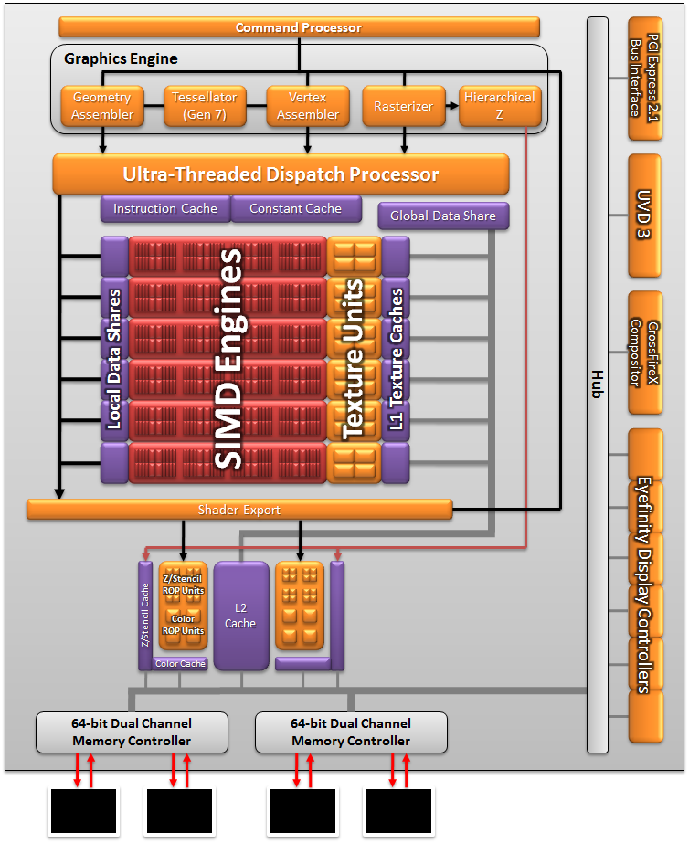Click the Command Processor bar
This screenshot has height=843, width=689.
[x=298, y=27]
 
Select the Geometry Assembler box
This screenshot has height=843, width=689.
[x=102, y=106]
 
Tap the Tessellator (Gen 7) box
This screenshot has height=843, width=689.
[x=205, y=106]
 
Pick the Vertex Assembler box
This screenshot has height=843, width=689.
[x=308, y=106]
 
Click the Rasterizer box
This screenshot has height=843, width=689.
[x=403, y=106]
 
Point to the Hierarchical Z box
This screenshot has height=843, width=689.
[x=500, y=106]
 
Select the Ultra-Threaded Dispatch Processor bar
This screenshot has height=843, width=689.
[x=281, y=174]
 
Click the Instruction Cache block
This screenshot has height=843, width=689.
[x=164, y=208]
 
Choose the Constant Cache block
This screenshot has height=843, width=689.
[x=295, y=208]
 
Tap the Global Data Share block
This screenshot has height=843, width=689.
[x=443, y=216]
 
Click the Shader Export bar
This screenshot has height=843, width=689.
[x=239, y=510]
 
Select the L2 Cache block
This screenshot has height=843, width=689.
[x=240, y=616]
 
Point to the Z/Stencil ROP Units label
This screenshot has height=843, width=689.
[x=183, y=585]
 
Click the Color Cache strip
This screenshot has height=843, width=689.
[x=180, y=664]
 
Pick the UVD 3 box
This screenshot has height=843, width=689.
[x=644, y=216]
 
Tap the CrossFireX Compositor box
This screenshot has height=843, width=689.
[x=644, y=353]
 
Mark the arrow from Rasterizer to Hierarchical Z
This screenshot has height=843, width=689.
[x=452, y=106]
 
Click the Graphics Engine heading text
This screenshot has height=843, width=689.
[x=121, y=59]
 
